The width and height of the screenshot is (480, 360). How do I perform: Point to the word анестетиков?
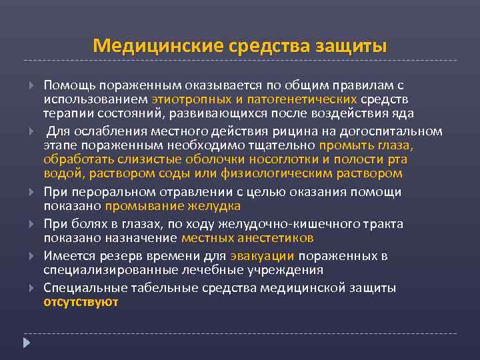coord(279,237)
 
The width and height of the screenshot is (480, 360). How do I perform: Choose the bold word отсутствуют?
coord(81,301)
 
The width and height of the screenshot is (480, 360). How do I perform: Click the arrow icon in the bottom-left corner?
coord(27,343)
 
